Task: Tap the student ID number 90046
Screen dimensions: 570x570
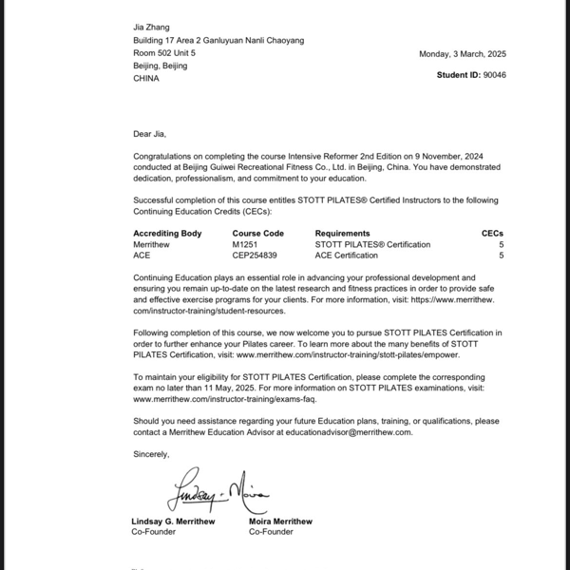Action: click(495, 74)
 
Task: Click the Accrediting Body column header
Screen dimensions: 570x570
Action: click(167, 233)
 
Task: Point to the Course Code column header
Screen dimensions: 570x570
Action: click(257, 233)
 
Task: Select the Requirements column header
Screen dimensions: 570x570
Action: click(342, 233)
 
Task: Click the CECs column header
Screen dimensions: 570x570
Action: click(493, 233)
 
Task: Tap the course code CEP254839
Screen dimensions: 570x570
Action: click(255, 256)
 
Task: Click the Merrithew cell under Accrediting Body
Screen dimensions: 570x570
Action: click(154, 244)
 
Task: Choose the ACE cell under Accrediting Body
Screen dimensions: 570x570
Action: click(142, 256)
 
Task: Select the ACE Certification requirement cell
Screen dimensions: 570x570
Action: click(346, 256)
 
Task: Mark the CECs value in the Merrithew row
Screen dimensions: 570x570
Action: click(501, 244)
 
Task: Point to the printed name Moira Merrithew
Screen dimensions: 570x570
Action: click(280, 522)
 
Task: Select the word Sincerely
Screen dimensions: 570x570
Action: click(151, 453)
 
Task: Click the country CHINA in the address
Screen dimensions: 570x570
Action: click(146, 78)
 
